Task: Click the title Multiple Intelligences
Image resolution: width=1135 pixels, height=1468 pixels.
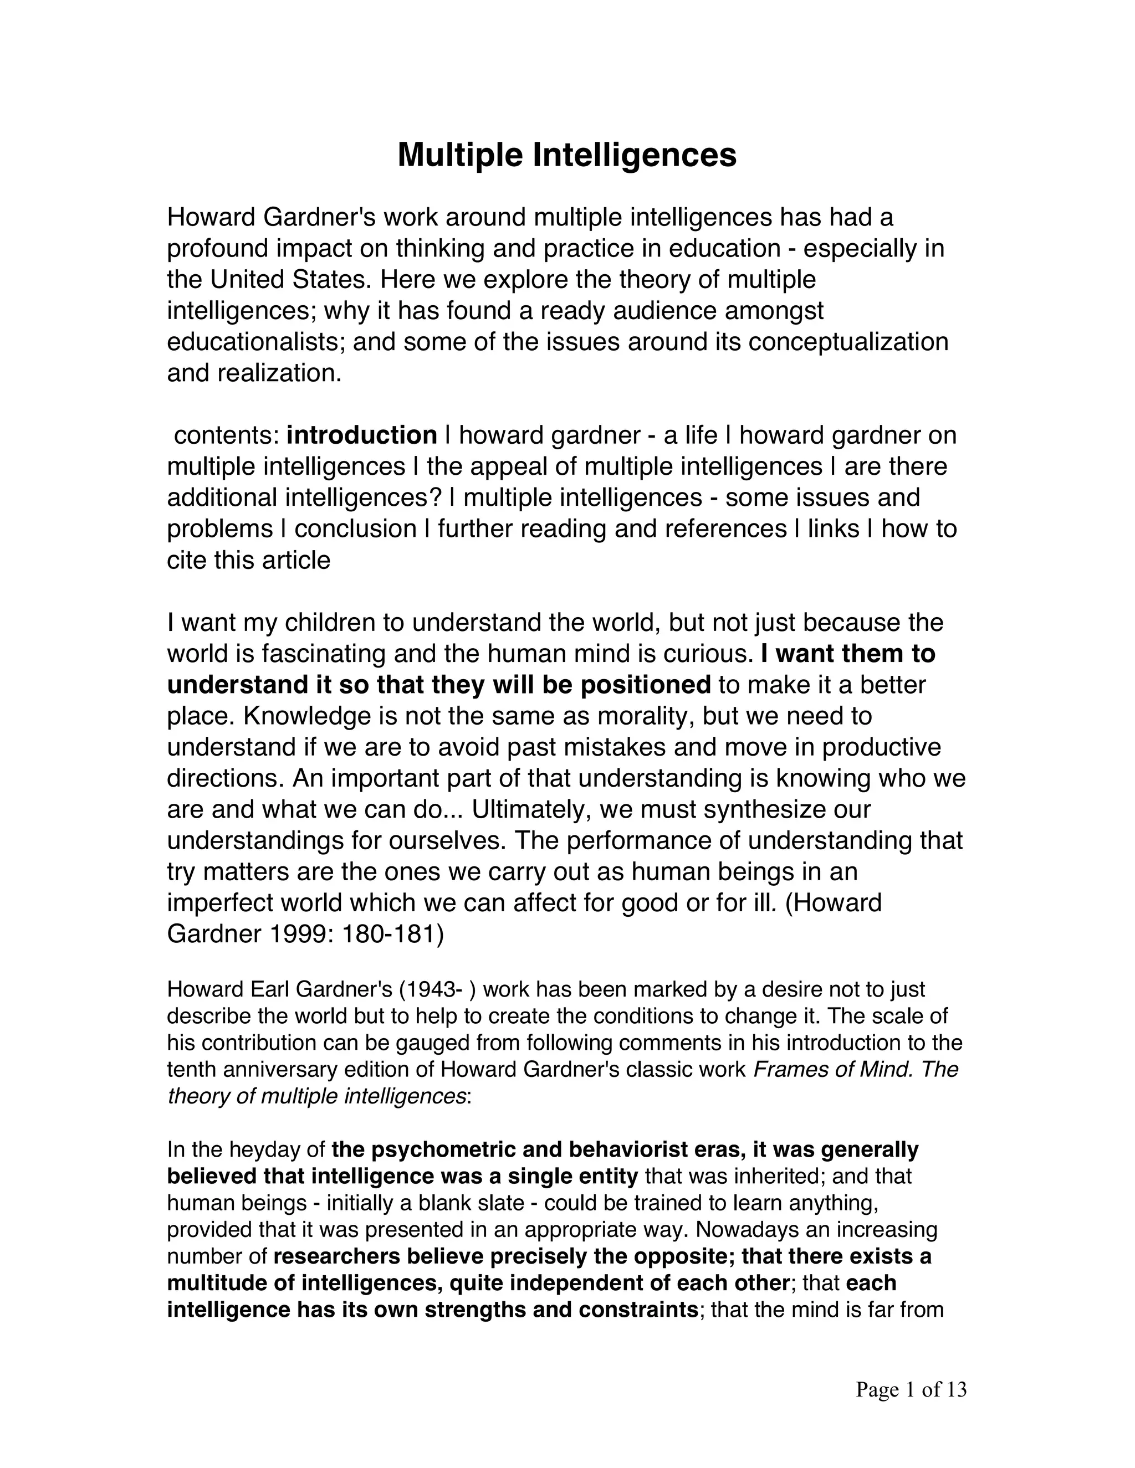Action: pos(567,155)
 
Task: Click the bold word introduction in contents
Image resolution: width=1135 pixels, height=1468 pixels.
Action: pos(362,435)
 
